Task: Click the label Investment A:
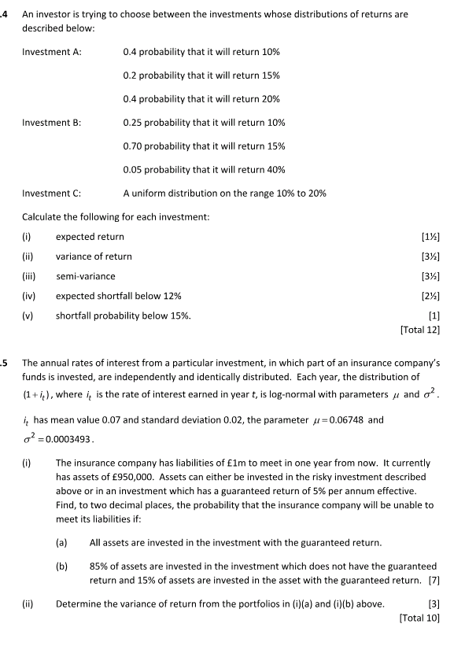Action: (52, 52)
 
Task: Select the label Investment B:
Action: (52, 123)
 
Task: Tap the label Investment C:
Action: (52, 194)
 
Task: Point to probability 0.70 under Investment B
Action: (135, 146)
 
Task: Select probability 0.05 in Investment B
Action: (135, 170)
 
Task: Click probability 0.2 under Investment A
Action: (131, 76)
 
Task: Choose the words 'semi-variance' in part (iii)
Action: (85, 276)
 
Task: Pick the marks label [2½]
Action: (428, 296)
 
